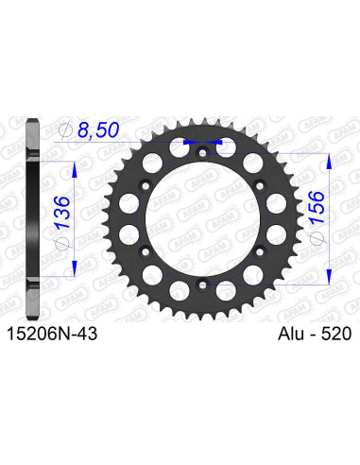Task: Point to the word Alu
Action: (x=289, y=333)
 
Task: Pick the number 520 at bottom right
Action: (x=335, y=333)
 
